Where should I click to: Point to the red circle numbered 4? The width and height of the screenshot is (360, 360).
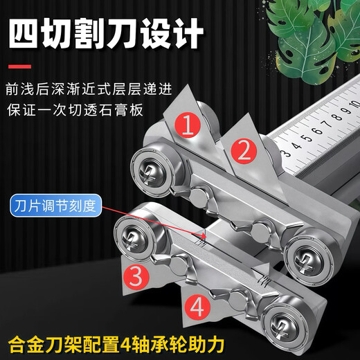(197, 305)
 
